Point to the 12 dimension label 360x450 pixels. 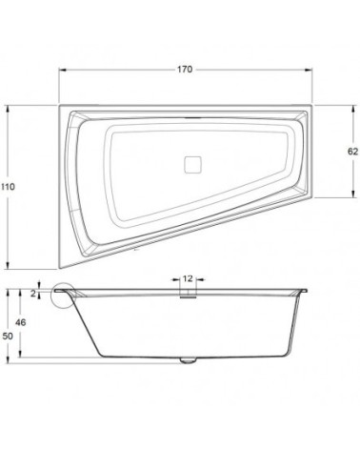[x=188, y=278]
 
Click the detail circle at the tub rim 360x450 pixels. [x=65, y=297]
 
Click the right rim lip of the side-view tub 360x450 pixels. [x=304, y=287]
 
